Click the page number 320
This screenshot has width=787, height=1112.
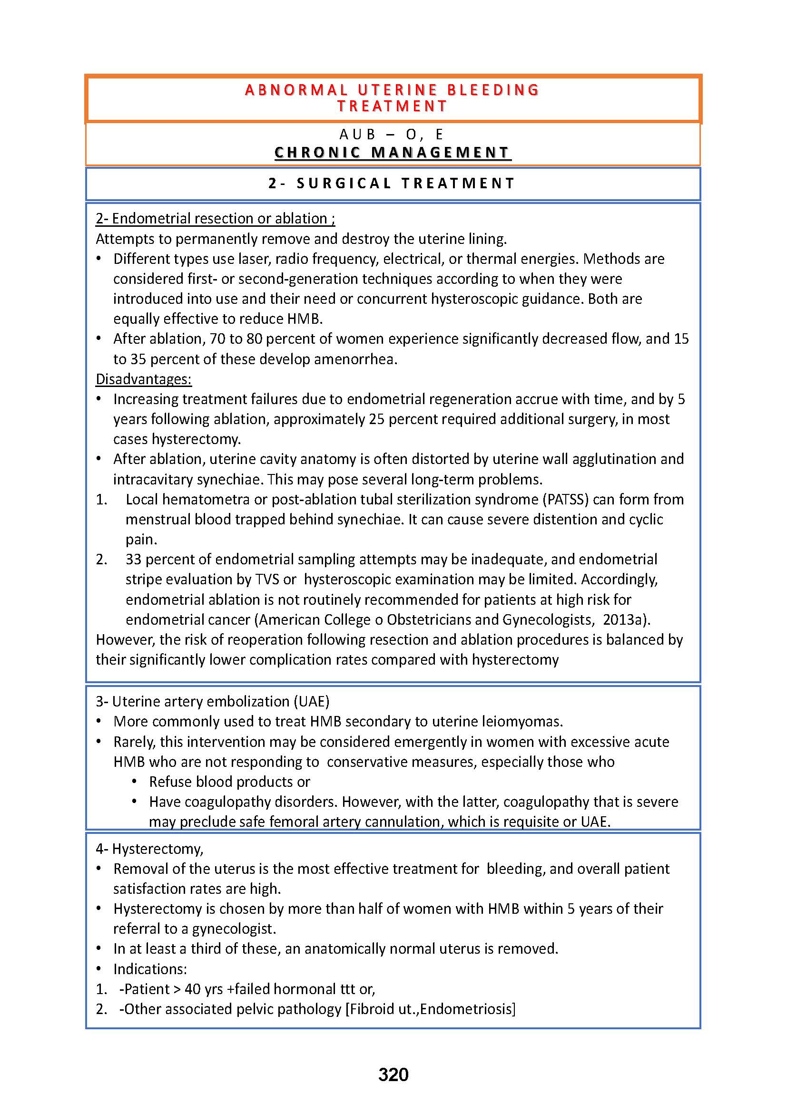393,1075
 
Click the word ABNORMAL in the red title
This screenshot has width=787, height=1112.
296,90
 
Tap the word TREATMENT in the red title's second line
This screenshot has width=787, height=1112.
392,106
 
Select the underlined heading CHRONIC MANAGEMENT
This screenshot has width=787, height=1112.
393,153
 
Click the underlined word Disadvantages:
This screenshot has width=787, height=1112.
143,379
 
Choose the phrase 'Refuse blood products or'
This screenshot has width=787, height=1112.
229,782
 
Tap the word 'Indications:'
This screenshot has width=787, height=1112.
150,968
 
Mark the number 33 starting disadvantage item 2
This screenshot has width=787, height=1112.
133,560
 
